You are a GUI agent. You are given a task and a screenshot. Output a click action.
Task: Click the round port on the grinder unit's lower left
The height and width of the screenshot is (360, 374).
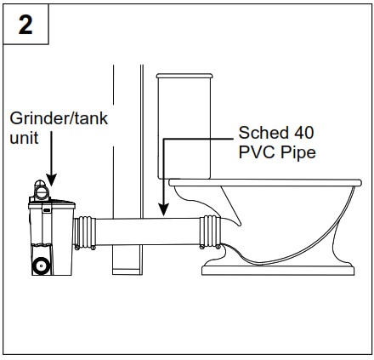coord(40,265)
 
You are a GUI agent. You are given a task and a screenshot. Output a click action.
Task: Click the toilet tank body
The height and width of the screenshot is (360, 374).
coord(184,128)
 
